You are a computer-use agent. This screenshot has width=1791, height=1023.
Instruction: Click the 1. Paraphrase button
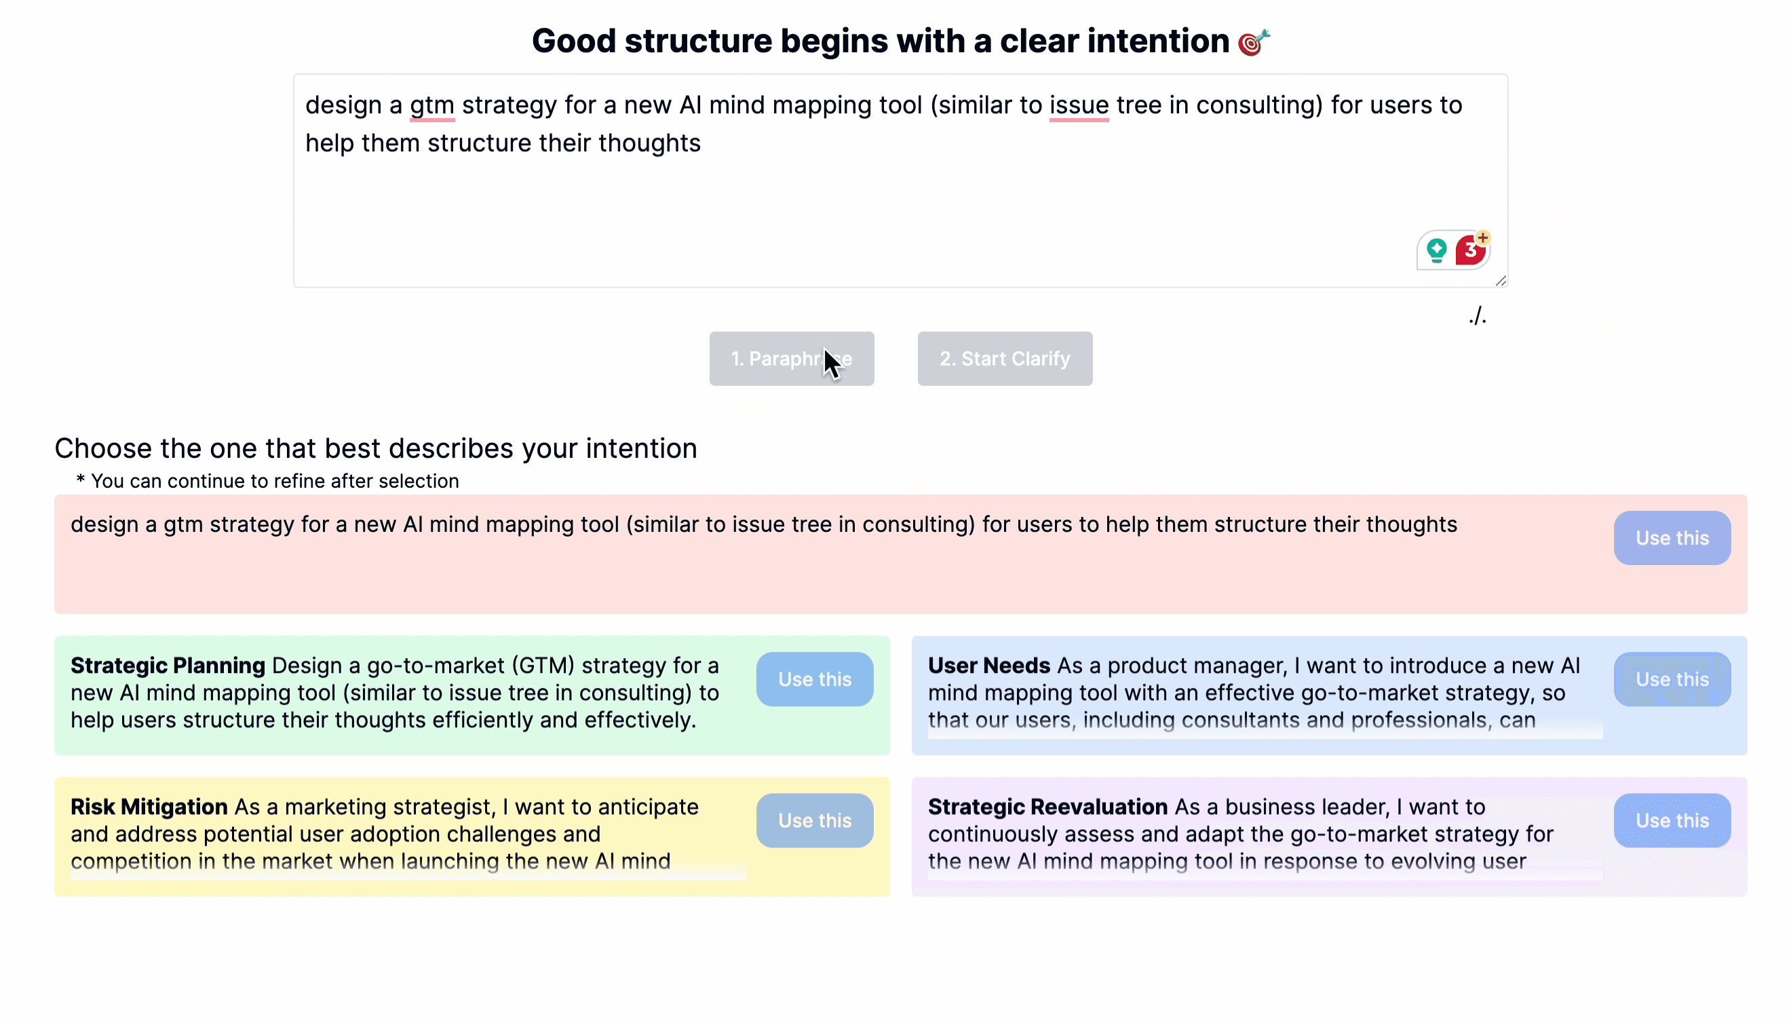tap(791, 358)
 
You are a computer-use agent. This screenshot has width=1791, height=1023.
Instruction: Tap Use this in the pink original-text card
tap(1671, 537)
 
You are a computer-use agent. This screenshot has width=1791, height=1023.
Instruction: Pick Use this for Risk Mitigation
tap(814, 820)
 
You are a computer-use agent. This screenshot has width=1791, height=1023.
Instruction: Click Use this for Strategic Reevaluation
tap(1671, 820)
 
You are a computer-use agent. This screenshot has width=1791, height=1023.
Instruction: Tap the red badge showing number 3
tap(1470, 250)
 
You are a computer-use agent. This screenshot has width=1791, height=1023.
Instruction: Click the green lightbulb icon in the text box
tap(1436, 250)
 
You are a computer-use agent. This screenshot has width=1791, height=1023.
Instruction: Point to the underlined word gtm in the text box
tap(432, 105)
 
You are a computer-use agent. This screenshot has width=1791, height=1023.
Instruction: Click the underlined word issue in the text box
tap(1079, 105)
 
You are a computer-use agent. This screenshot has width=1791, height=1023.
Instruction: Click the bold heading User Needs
tap(988, 665)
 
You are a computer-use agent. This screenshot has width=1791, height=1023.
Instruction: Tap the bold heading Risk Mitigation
tap(149, 807)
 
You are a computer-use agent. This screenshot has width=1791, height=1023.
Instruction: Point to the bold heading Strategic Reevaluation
tap(1047, 807)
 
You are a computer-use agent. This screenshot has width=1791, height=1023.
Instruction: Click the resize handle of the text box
tap(1501, 281)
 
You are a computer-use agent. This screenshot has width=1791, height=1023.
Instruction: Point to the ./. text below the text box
tap(1477, 316)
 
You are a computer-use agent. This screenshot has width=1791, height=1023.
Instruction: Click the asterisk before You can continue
tap(81, 479)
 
